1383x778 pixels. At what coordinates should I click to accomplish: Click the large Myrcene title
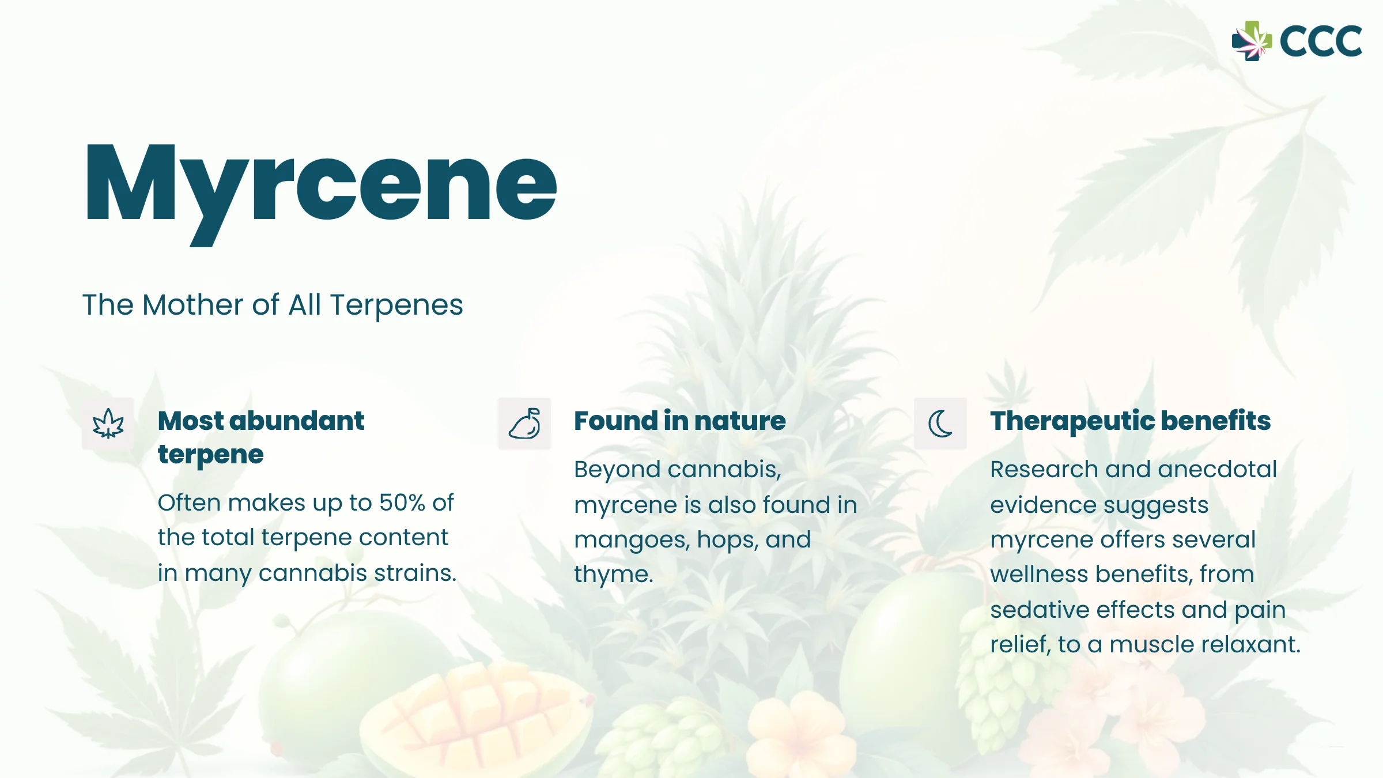point(321,190)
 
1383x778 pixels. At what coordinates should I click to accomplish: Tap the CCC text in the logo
point(1321,41)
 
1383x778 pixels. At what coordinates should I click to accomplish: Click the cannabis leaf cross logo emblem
point(1252,41)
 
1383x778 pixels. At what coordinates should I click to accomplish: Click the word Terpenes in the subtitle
point(396,305)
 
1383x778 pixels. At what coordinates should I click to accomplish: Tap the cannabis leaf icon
point(108,424)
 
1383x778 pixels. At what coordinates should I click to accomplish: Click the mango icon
point(524,424)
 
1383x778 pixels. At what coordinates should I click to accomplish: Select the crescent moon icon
point(940,424)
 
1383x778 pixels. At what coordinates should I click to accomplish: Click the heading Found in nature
point(680,421)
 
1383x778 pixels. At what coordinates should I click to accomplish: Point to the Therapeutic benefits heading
point(1131,421)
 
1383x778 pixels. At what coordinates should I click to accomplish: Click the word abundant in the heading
point(297,421)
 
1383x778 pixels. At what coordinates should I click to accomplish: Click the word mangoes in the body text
point(632,541)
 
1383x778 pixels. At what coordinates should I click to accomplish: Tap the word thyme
point(614,575)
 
